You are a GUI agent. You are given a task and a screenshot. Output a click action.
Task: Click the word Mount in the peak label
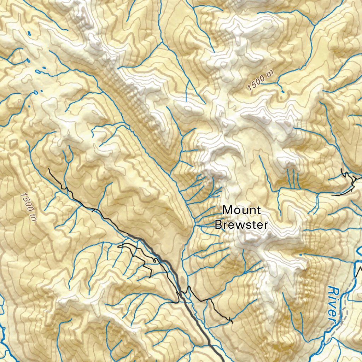point(242,210)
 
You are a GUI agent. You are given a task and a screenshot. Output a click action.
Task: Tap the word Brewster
point(241,225)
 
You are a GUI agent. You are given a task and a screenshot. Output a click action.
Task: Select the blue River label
point(333,304)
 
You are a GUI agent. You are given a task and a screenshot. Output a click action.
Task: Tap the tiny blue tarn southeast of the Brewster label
point(300,254)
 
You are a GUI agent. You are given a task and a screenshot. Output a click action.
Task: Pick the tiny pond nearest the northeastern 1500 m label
point(282,91)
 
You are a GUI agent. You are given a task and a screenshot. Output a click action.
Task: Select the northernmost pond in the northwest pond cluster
point(29,34)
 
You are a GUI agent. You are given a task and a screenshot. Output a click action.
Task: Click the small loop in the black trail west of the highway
point(154,261)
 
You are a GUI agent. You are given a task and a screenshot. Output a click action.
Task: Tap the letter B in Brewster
point(219,225)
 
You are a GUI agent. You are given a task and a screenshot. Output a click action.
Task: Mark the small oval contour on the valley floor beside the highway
point(182,281)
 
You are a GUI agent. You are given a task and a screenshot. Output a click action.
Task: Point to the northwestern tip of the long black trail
point(49,170)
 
